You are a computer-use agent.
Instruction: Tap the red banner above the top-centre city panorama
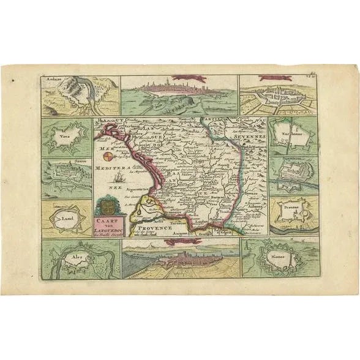click(x=182, y=78)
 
